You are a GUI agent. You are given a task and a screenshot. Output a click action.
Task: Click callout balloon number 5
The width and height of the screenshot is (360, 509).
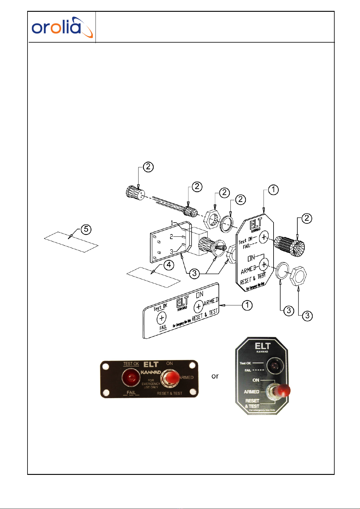[86, 229]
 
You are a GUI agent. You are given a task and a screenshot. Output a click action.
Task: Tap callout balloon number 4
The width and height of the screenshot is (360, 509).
[169, 265]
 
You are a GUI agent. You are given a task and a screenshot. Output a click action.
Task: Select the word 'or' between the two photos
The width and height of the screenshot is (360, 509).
[215, 376]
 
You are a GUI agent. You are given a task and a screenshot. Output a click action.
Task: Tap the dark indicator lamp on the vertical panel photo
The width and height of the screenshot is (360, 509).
[275, 366]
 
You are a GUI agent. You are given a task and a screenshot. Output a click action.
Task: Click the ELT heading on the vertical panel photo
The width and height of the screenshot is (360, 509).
[262, 346]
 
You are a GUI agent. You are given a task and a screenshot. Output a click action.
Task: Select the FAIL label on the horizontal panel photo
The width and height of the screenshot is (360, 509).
[131, 392]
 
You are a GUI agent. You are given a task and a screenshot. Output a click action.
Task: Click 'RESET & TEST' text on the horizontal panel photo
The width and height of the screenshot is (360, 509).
[170, 393]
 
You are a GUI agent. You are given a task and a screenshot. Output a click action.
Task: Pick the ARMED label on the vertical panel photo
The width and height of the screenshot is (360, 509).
[251, 391]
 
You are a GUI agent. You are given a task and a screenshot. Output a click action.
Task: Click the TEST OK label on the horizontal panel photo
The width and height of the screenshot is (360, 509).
[131, 364]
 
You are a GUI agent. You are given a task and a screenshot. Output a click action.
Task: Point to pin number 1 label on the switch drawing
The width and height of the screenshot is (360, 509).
[172, 223]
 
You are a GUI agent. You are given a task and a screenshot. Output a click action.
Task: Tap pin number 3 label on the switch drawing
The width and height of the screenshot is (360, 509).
[171, 252]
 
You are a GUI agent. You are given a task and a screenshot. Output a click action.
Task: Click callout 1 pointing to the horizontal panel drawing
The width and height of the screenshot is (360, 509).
[247, 305]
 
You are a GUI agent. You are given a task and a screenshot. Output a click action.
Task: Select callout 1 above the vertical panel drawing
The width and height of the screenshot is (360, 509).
[273, 190]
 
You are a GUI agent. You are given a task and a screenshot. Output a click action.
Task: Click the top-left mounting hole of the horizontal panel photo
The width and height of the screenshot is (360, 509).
[106, 366]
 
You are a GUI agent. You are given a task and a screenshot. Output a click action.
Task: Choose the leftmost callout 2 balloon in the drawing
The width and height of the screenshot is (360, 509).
[148, 167]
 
